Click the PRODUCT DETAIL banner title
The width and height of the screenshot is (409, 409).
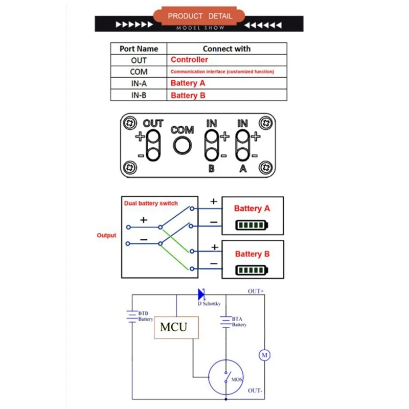pyautogui.click(x=200, y=16)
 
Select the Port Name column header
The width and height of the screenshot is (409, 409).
pyautogui.click(x=139, y=49)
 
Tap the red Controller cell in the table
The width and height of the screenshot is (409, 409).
pyautogui.click(x=189, y=60)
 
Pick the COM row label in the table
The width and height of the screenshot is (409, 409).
pyautogui.click(x=139, y=72)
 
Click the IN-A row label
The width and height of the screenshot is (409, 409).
pyautogui.click(x=139, y=83)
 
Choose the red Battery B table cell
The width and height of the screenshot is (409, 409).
pyautogui.click(x=188, y=96)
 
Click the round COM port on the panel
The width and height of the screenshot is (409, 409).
pyautogui.click(x=183, y=145)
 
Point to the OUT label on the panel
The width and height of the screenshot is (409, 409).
pyautogui.click(x=153, y=123)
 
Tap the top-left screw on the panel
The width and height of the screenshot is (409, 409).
pyautogui.click(x=130, y=123)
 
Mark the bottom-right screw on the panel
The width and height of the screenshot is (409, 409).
pyautogui.click(x=266, y=168)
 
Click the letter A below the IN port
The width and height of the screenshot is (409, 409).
pyautogui.click(x=243, y=169)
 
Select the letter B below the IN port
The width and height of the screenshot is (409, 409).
pyautogui.click(x=212, y=169)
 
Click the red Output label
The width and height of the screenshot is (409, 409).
pyautogui.click(x=106, y=235)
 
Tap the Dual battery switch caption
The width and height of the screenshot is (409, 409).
pyautogui.click(x=151, y=203)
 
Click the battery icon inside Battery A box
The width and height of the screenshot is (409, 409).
pyautogui.click(x=252, y=225)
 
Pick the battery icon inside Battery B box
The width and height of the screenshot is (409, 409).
pyautogui.click(x=252, y=270)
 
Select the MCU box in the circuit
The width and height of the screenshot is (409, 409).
pyautogui.click(x=176, y=327)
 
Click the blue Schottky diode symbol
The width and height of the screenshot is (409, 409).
pyautogui.click(x=201, y=294)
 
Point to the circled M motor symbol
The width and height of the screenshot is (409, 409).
pyautogui.click(x=264, y=355)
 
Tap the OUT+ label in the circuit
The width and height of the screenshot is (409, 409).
pyautogui.click(x=256, y=291)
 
